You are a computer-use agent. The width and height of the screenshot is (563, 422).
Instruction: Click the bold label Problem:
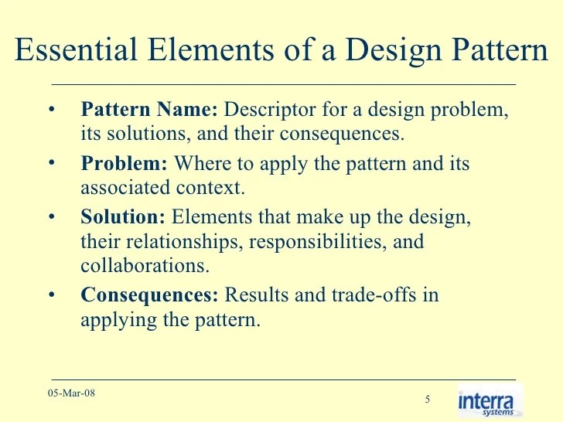(124, 164)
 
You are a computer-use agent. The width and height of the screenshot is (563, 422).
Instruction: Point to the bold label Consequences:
(151, 295)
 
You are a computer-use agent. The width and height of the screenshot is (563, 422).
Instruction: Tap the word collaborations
(145, 266)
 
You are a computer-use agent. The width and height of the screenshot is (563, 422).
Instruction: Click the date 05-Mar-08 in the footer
(73, 394)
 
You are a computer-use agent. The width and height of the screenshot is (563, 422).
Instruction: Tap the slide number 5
(428, 399)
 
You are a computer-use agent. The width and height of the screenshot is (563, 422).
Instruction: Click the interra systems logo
(490, 400)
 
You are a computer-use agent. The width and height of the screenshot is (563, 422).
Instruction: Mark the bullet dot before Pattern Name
(51, 109)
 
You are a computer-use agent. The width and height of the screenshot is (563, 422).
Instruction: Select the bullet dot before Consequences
(51, 295)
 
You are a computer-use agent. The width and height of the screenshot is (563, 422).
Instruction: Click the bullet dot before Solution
(51, 219)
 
